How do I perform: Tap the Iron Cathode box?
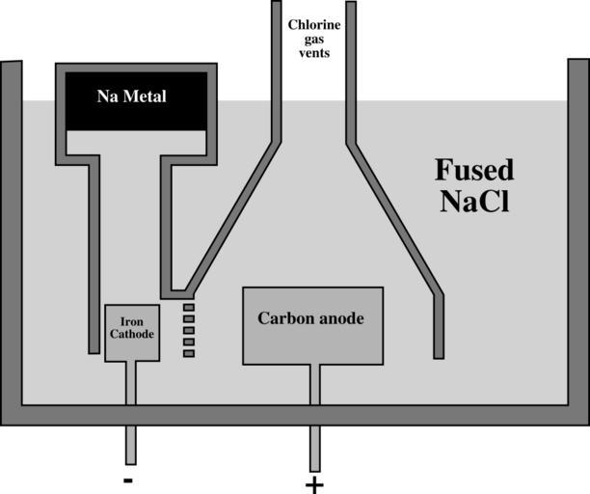(x=130, y=333)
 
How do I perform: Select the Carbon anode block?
(x=312, y=326)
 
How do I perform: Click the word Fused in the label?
(x=474, y=171)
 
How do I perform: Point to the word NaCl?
(x=474, y=203)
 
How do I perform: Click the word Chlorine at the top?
(x=315, y=22)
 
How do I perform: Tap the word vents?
(x=315, y=53)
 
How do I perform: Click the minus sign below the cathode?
(x=129, y=480)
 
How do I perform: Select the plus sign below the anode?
(x=313, y=482)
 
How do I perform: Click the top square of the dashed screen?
(x=189, y=308)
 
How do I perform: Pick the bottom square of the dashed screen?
(x=189, y=353)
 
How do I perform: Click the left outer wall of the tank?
(x=11, y=241)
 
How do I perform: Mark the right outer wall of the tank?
(x=578, y=241)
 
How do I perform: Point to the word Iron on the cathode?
(x=131, y=322)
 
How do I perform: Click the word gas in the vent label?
(x=315, y=38)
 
